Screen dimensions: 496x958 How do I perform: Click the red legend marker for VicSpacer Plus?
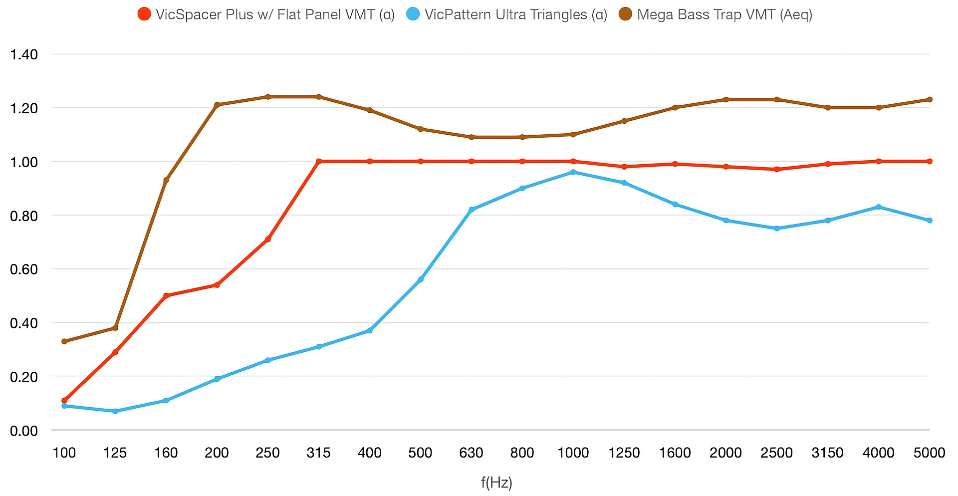[144, 14]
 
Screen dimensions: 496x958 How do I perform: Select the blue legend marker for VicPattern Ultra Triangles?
[413, 14]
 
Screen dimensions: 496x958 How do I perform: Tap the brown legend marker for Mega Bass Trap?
[625, 14]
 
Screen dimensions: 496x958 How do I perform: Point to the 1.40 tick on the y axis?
[24, 54]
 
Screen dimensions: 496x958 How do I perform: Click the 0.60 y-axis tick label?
[24, 269]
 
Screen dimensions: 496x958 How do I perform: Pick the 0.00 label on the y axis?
[24, 431]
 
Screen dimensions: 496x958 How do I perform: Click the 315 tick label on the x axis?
[318, 453]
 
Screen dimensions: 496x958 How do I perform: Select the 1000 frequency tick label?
[573, 453]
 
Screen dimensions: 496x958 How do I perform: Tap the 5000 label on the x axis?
[929, 453]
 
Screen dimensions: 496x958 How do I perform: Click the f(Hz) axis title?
[496, 483]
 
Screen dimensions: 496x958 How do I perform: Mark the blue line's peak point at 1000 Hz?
[573, 172]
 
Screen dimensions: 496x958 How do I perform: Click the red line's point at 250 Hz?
[268, 240]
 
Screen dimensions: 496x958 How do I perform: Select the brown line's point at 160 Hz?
[166, 180]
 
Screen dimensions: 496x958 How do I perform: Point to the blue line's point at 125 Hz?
[115, 411]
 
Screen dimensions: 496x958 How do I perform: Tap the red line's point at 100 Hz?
[64, 401]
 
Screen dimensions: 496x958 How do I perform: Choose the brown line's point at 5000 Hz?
[930, 99]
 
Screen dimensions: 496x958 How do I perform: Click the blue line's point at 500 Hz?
[421, 279]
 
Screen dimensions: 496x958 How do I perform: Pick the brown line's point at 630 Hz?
[472, 137]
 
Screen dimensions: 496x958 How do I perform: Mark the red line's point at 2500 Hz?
[777, 170]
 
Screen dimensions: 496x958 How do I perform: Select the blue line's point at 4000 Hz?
[879, 207]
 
